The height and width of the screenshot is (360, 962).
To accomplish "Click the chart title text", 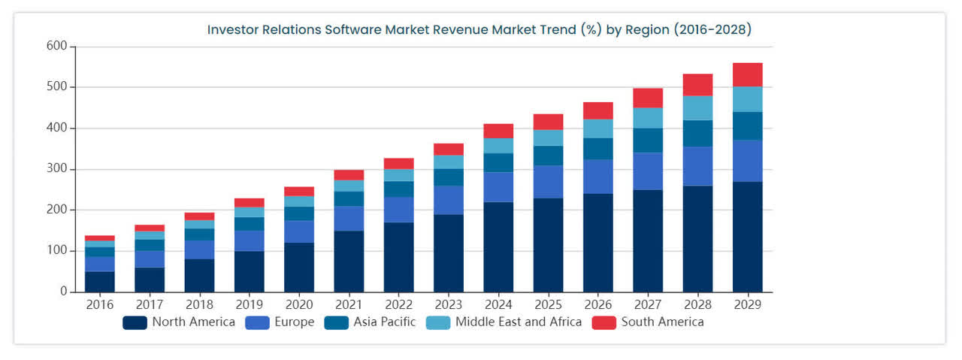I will [x=479, y=30].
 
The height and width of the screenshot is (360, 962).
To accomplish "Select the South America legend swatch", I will [x=604, y=322].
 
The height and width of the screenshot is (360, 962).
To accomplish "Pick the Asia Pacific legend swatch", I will [x=336, y=322].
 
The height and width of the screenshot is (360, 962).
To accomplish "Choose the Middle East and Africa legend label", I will [x=518, y=322].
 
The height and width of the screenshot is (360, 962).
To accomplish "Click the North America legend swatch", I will [x=135, y=322].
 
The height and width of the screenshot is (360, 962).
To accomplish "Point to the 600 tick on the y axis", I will [x=57, y=47].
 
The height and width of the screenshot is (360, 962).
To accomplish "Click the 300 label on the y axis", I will [x=57, y=169].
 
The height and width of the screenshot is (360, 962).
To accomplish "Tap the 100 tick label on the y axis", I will [x=57, y=250].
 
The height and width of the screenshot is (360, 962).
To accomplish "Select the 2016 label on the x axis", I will [x=100, y=305].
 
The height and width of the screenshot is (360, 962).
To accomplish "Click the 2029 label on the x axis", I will [x=747, y=305].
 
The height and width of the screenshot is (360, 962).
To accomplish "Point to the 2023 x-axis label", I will [x=449, y=305].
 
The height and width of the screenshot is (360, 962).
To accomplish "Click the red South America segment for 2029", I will [x=747, y=74].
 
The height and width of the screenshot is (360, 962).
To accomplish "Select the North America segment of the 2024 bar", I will [x=498, y=247].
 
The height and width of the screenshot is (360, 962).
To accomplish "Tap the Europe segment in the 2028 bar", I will [x=697, y=166].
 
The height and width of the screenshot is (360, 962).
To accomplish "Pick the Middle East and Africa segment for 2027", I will [x=648, y=118].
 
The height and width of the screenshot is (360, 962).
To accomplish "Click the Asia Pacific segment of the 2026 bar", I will [x=598, y=149].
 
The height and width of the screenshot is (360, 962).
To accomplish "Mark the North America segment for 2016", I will [x=100, y=281].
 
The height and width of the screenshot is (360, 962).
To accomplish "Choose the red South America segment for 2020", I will [x=299, y=191].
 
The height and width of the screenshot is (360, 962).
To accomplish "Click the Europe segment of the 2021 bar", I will [x=349, y=218].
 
